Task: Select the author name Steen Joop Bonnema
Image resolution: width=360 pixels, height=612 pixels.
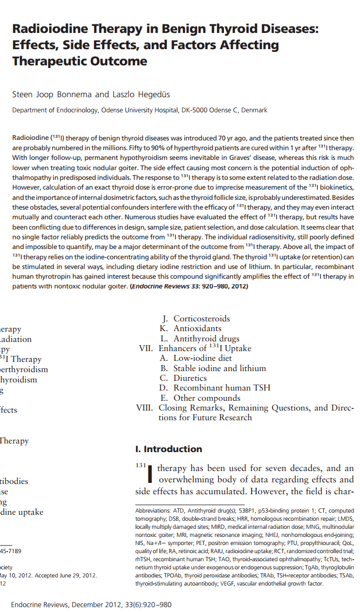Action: (52, 95)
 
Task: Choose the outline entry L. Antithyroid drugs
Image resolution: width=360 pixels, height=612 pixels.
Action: (200, 339)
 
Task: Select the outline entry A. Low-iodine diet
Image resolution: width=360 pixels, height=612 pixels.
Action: (196, 358)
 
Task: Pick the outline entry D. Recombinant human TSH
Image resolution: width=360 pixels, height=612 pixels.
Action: (215, 388)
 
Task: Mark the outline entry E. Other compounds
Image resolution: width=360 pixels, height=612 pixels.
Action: (200, 398)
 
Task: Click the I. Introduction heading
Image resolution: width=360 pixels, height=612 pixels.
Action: (168, 449)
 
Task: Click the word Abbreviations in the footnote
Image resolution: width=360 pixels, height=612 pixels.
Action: (152, 510)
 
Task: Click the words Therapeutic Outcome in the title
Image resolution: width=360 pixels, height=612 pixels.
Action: (80, 61)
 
